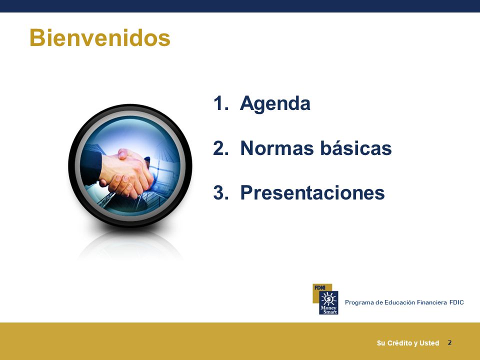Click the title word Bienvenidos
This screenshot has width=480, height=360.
(100, 37)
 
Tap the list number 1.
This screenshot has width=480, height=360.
(220, 103)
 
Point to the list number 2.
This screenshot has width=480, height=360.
(221, 148)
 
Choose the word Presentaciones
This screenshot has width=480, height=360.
(312, 192)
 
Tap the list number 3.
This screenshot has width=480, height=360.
(221, 193)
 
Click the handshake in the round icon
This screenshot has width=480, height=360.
(126, 173)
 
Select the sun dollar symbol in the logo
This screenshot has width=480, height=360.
(329, 298)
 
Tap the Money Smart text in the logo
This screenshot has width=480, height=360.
(329, 310)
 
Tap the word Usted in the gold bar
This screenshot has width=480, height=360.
(429, 343)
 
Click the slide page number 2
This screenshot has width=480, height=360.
(449, 342)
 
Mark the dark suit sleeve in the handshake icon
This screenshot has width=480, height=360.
(91, 167)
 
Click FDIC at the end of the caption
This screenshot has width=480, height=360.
(456, 302)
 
